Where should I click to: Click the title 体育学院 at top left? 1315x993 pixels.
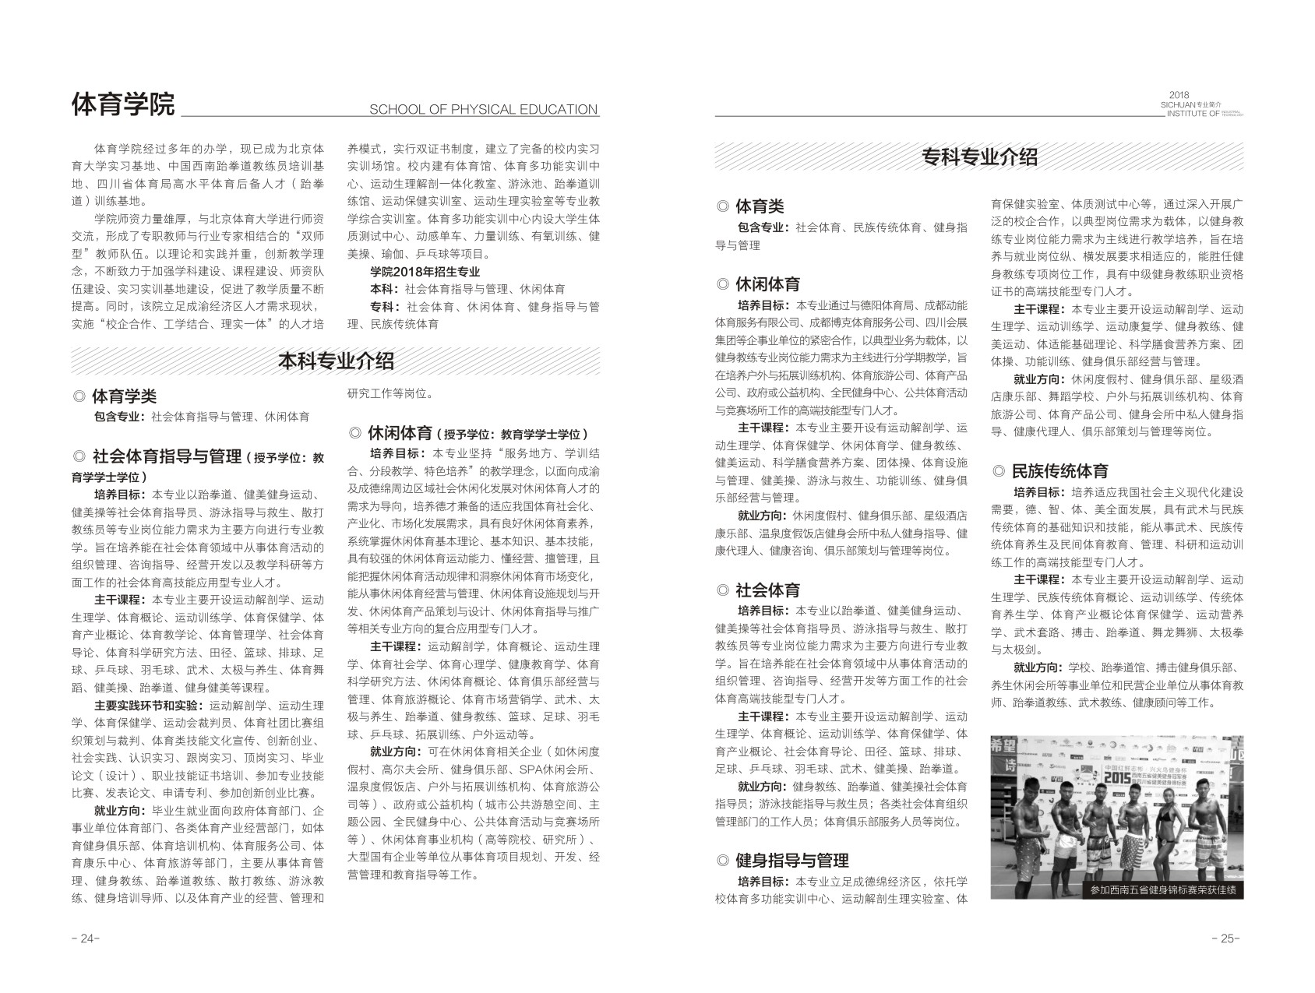coord(123,104)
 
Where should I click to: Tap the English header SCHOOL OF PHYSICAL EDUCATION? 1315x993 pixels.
coord(483,110)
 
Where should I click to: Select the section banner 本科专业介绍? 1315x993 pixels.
coord(336,361)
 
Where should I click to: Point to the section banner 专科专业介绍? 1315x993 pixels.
coord(979,157)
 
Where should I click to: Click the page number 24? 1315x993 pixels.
coord(86,938)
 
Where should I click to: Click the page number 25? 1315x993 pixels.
coord(1226,938)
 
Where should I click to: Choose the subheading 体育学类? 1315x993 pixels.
coord(124,396)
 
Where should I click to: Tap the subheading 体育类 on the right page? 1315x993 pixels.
coord(760,206)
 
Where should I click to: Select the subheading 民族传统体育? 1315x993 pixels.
coord(1059,471)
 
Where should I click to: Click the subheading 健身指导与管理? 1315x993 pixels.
coord(791,861)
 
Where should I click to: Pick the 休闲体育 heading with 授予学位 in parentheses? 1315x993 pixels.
coord(467,433)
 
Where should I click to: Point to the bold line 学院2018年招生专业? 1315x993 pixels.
coord(425,272)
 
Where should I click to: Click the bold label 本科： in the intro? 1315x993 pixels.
coord(386,289)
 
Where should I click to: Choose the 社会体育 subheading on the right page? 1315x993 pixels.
coord(767,590)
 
